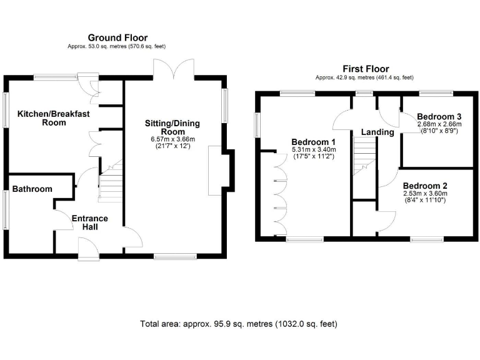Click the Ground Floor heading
[117, 37]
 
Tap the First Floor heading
[366, 69]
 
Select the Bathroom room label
[32, 189]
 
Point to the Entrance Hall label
[90, 222]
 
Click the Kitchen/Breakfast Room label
[54, 118]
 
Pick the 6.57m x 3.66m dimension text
[172, 139]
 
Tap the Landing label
[377, 132]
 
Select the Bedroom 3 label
[439, 117]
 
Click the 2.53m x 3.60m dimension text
[425, 194]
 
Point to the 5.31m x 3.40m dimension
[314, 150]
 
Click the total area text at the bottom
[239, 324]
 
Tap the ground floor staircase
[111, 181]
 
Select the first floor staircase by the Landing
[364, 156]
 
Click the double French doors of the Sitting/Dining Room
[174, 69]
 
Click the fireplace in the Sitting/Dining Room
[215, 171]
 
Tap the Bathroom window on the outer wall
[5, 210]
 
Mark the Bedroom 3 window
[436, 92]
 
